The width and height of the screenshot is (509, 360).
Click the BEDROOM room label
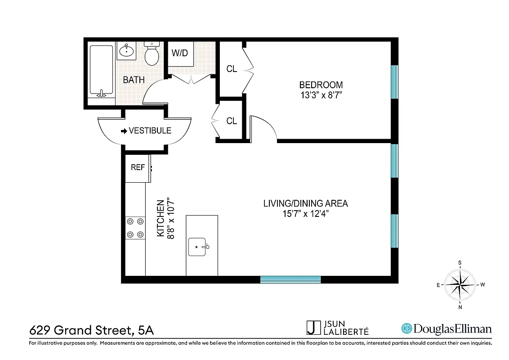(x=321, y=85)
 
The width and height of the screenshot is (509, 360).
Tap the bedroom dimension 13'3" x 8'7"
(x=321, y=95)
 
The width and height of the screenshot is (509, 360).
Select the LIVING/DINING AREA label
(x=305, y=203)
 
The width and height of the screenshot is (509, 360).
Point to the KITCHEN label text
(x=161, y=219)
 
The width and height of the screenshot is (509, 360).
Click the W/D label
(x=179, y=53)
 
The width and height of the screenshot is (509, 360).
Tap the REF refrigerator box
(x=138, y=167)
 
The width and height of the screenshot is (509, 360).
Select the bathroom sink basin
(x=126, y=51)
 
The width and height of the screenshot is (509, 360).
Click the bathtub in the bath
(x=101, y=70)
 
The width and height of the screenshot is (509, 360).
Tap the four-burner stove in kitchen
(x=135, y=228)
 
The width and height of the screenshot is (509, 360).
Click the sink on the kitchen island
(x=198, y=247)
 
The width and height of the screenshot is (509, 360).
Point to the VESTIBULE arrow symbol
(x=124, y=131)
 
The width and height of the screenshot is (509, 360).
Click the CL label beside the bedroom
(x=232, y=69)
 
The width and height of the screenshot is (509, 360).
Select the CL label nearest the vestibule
(x=232, y=121)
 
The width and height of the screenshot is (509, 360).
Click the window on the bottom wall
(x=290, y=279)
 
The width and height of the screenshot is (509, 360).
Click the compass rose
(x=460, y=284)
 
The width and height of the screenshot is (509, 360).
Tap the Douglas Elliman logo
(x=446, y=329)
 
